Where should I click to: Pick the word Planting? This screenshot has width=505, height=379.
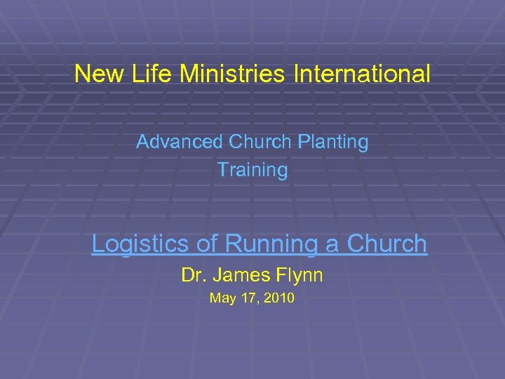pos(333,142)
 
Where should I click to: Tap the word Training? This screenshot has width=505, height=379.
pos(252,170)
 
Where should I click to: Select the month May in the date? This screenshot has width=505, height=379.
pos(222,298)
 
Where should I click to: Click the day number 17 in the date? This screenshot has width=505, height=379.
pos(249,298)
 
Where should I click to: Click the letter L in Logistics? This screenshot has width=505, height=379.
pos(99,244)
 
